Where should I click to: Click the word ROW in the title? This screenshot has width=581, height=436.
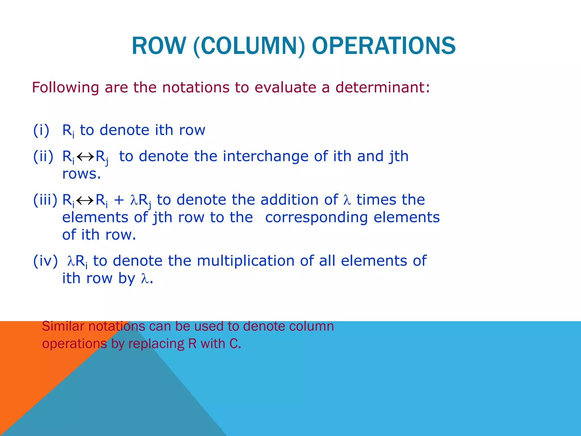[158, 46]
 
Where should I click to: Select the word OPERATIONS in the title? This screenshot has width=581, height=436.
[384, 46]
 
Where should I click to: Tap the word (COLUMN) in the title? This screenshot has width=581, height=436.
[249, 47]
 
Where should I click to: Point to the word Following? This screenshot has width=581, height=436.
[65, 88]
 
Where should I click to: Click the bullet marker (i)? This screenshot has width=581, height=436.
[41, 130]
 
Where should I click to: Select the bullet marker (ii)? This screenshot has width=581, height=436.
[43, 156]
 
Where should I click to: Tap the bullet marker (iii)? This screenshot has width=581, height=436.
[45, 200]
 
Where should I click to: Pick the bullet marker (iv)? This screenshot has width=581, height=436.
[45, 261]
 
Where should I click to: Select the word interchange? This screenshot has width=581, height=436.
[265, 156]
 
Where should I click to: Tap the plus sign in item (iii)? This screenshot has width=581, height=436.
[119, 200]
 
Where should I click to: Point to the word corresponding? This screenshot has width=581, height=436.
[316, 218]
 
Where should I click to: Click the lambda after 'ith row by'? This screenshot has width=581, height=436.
[145, 279]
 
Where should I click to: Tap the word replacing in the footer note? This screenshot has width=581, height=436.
[156, 344]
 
